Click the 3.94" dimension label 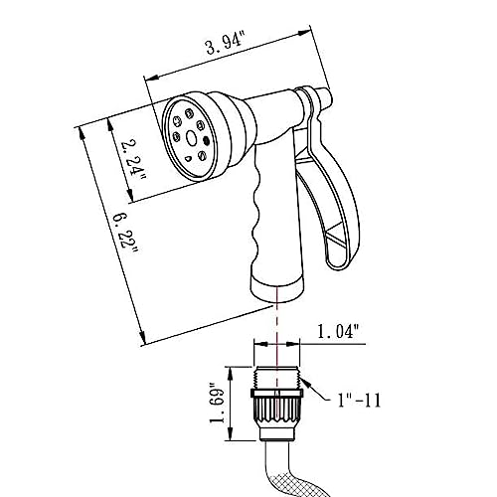226,45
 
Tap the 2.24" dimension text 133,160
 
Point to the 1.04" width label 338,332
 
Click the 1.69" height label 217,404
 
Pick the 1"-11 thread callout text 359,400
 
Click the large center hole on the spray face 191,138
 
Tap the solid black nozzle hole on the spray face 206,141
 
